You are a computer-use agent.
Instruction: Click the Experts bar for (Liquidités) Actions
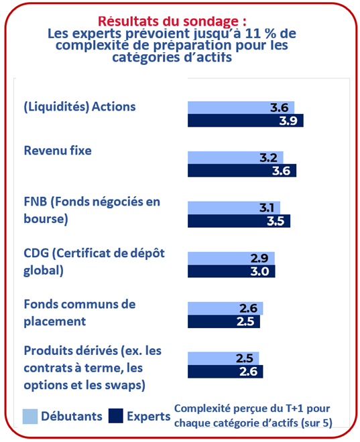245,121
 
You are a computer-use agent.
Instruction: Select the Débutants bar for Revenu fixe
235,157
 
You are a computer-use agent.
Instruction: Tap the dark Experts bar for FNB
239,221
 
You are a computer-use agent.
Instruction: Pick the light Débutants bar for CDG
231,259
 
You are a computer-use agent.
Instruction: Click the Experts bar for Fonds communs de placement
224,321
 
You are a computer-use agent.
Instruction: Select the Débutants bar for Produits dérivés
223,358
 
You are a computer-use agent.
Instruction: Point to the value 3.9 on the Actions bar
288,121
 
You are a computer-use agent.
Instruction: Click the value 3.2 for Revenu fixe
268,158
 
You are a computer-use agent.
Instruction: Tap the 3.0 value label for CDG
259,271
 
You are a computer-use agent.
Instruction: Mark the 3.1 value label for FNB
267,208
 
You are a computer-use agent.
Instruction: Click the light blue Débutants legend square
30,417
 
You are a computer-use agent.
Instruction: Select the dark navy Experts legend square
116,416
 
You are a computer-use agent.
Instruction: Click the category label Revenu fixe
58,151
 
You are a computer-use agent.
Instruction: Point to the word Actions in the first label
114,107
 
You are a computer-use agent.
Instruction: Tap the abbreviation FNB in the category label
36,202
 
